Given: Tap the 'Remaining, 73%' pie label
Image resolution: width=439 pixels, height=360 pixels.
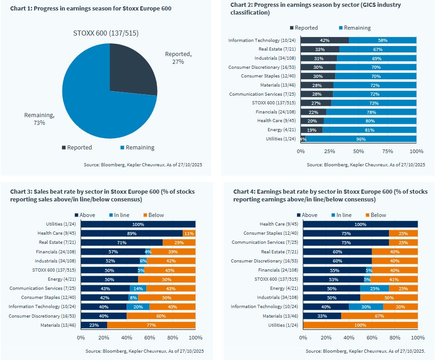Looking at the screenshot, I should [x=39, y=119].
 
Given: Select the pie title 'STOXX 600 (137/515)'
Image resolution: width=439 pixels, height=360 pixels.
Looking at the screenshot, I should [x=106, y=33].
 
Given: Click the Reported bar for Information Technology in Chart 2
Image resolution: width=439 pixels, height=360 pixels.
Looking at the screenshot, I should [x=325, y=41].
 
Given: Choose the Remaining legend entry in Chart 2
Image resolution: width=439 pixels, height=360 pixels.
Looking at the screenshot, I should [x=355, y=28].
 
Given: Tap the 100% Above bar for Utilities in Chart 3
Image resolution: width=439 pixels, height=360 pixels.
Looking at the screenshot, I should [x=138, y=224].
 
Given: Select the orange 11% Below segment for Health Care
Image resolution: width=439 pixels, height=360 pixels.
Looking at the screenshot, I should [x=189, y=233].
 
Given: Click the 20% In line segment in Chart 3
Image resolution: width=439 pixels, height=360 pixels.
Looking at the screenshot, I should [x=138, y=307].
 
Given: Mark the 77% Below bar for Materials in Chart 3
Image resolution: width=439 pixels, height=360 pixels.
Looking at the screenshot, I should [x=151, y=325].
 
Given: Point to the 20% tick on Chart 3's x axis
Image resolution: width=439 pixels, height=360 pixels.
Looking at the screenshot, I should [x=104, y=338].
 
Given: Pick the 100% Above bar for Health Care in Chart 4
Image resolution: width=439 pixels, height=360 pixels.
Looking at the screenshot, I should [x=360, y=224].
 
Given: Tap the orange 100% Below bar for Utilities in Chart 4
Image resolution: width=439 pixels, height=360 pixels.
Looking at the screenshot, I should [x=360, y=325].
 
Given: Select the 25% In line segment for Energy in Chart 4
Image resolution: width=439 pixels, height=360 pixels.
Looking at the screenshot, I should [x=374, y=288].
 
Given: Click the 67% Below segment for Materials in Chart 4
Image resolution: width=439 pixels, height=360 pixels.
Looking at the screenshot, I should [x=379, y=316].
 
